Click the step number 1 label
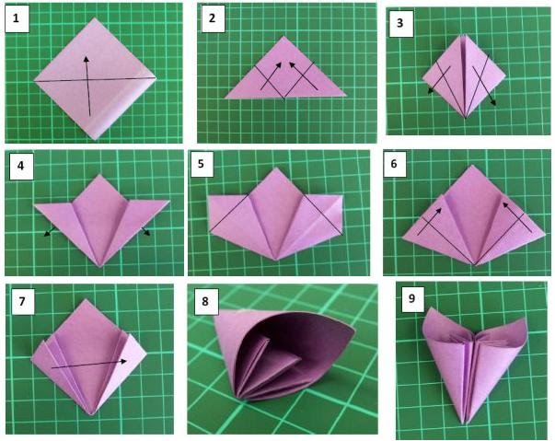pyautogui.click(x=16, y=18)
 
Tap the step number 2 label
pyautogui.click(x=212, y=18)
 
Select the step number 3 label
pyautogui.click(x=400, y=23)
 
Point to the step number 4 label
pyautogui.click(x=21, y=166)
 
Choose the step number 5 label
pyautogui.click(x=201, y=164)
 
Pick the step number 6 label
pyautogui.click(x=394, y=164)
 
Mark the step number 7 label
pyautogui.click(x=22, y=301)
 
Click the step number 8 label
pyautogui.click(x=205, y=301)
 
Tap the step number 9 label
pyautogui.click(x=411, y=298)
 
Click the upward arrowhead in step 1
pyautogui.click(x=86, y=58)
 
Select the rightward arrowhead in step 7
pyautogui.click(x=123, y=361)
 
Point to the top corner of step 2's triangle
pyautogui.click(x=283, y=36)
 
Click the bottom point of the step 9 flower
pyautogui.click(x=465, y=424)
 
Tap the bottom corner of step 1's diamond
pyautogui.click(x=95, y=139)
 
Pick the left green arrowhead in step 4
pyautogui.click(x=46, y=234)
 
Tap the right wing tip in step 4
pyautogui.click(x=169, y=201)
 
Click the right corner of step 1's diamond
pyautogui.click(x=156, y=76)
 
